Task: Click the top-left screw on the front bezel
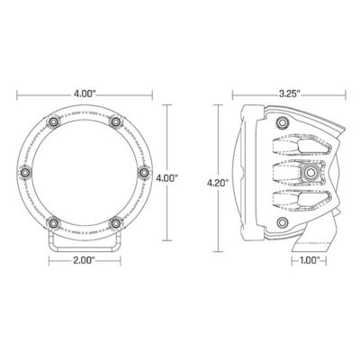[x=56, y=121]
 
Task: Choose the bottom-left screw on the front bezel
[x=56, y=222]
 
